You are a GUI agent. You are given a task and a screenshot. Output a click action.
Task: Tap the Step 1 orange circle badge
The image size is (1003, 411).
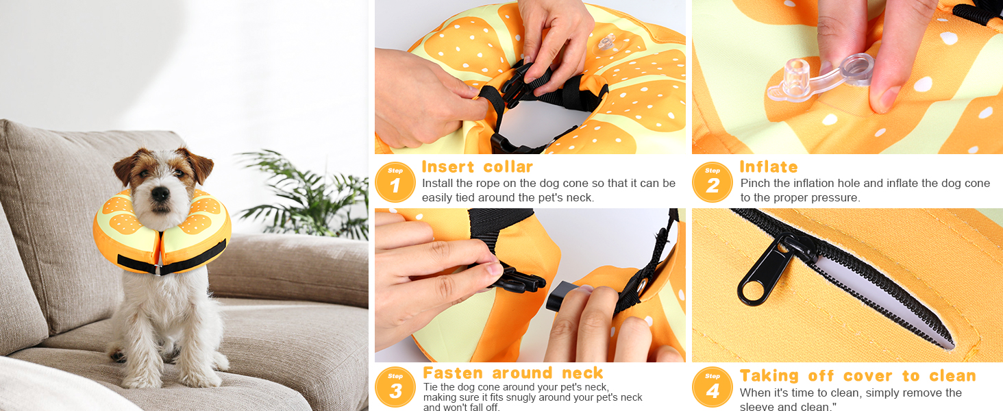click(x=395, y=182)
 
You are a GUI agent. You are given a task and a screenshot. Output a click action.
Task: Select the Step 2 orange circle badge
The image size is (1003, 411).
click(x=713, y=182)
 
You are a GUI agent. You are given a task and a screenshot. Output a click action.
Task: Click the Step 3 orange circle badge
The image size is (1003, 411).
click(x=395, y=387)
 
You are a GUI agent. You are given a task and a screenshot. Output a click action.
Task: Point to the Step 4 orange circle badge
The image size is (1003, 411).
click(x=713, y=387)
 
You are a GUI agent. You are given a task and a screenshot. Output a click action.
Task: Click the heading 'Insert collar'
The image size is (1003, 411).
click(x=477, y=166)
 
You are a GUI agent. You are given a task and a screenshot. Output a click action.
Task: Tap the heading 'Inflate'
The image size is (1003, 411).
click(x=769, y=166)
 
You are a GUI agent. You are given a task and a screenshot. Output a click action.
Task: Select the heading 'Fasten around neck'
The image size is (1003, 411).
click(x=512, y=373)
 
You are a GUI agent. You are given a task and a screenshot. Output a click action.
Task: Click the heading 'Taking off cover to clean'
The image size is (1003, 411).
click(x=857, y=375)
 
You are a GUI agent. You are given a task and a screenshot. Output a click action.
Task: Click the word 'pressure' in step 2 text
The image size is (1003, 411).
click(x=836, y=197)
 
